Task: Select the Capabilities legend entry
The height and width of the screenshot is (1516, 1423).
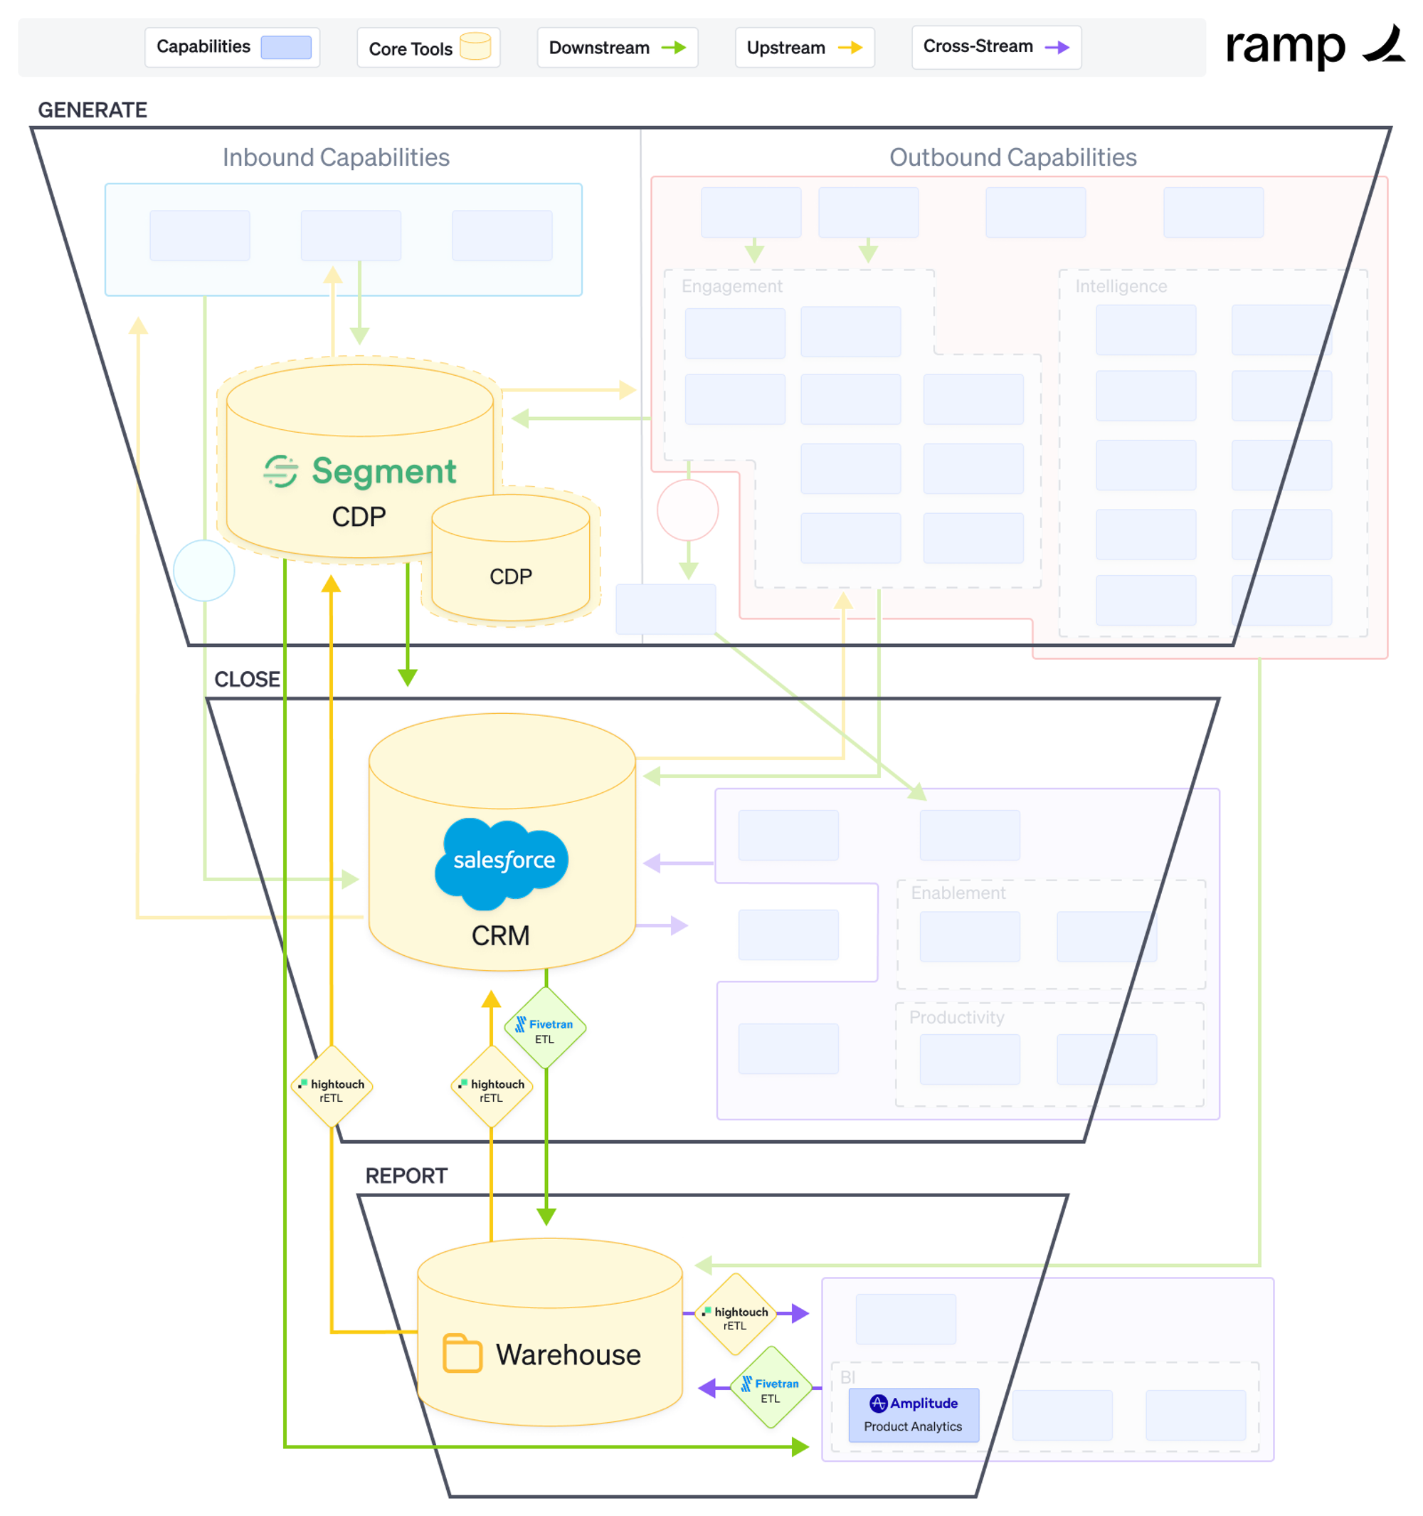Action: (232, 47)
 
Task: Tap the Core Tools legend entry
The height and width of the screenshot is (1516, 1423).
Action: (428, 48)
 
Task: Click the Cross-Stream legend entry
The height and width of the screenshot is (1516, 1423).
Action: (995, 47)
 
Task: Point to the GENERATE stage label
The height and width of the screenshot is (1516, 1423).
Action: (93, 110)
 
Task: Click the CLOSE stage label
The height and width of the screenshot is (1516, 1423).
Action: (247, 680)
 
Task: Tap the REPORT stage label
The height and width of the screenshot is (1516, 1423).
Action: (406, 1176)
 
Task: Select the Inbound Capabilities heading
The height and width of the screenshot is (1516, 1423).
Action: (336, 158)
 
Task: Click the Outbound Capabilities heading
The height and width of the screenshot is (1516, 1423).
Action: (1013, 158)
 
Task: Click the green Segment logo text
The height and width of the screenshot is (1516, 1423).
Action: (383, 471)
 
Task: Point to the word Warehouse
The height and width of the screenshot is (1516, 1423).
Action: (568, 1355)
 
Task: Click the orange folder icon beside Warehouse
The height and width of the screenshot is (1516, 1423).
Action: (462, 1354)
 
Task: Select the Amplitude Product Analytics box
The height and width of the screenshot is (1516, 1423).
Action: (913, 1415)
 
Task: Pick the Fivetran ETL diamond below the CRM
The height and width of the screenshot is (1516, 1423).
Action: (545, 1029)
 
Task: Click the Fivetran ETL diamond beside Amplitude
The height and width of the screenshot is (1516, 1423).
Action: (771, 1388)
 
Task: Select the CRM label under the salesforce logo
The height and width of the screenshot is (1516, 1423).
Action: (501, 936)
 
